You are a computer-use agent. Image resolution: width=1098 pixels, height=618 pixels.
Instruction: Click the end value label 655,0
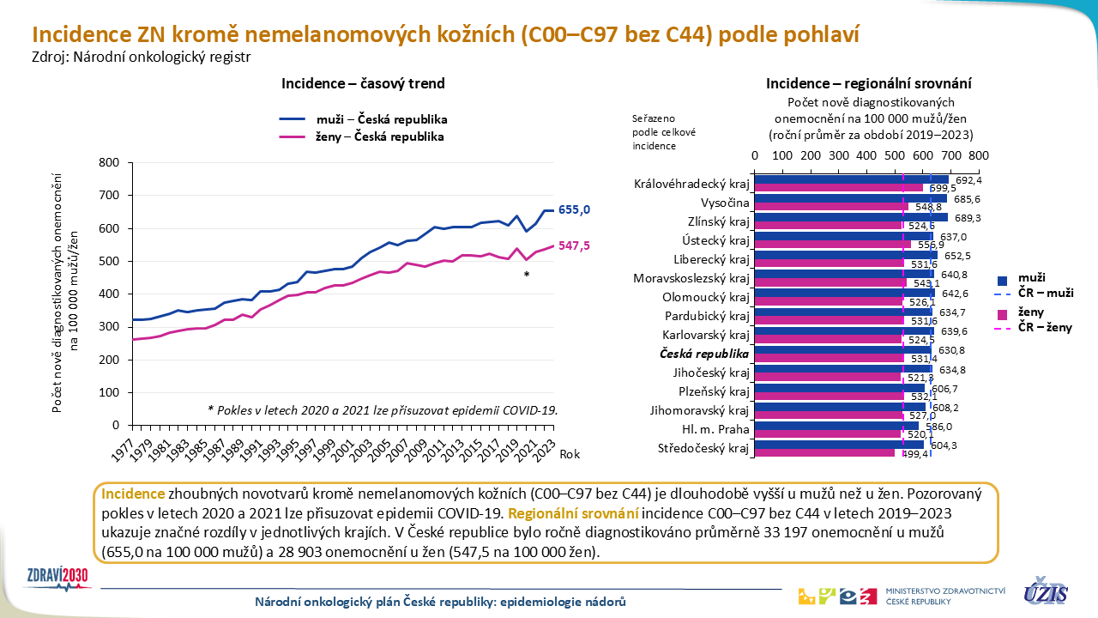[574, 210]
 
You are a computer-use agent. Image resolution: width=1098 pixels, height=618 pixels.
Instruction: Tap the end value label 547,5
[574, 246]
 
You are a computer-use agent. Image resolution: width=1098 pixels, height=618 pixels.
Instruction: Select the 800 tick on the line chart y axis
[109, 162]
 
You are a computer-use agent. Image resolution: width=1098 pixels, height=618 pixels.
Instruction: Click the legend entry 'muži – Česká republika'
[363, 119]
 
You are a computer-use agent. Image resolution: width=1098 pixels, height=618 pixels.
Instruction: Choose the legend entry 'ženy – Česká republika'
[363, 136]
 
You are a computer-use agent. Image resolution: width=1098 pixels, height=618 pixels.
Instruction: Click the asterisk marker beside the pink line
[526, 276]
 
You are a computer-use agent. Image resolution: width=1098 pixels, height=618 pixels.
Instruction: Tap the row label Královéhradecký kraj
[691, 184]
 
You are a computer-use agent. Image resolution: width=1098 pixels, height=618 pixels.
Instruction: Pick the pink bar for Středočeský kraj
[823, 452]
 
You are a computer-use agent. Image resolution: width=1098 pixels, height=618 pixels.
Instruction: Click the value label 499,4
[913, 454]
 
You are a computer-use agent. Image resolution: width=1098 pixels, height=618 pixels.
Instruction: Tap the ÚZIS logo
[1045, 591]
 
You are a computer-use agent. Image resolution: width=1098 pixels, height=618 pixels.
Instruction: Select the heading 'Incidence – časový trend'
[363, 83]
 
